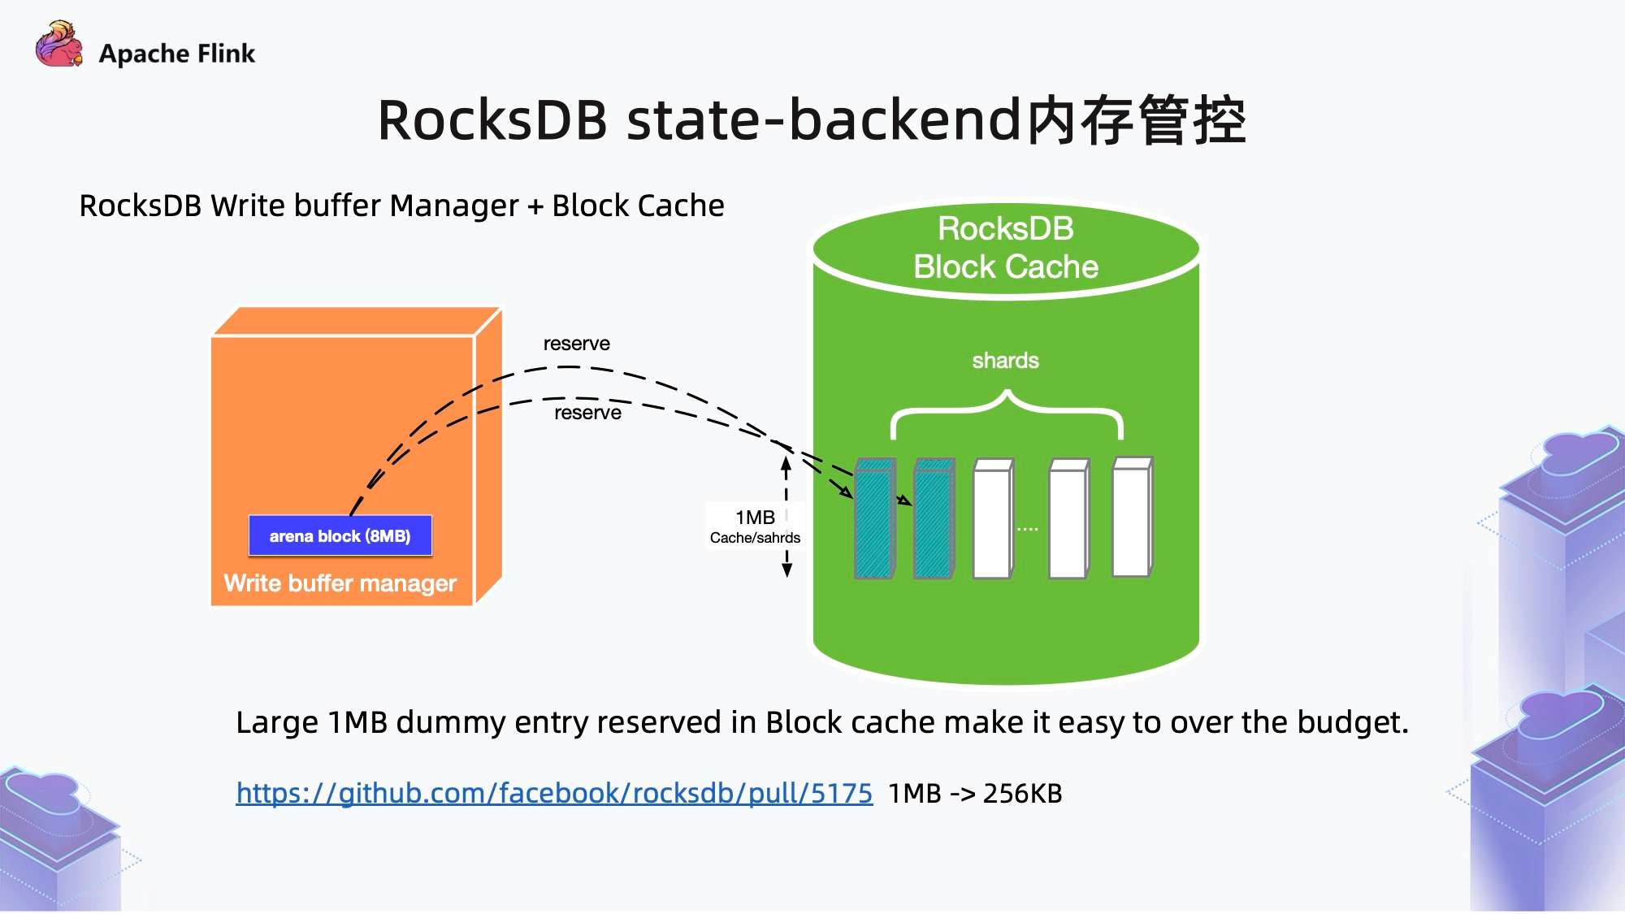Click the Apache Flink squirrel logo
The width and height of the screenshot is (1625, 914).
point(58,45)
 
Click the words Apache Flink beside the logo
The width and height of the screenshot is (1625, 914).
point(176,54)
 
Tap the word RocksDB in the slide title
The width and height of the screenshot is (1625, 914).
point(492,120)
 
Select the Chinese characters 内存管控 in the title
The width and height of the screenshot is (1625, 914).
point(1135,120)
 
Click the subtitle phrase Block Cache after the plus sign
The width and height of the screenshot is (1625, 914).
point(638,206)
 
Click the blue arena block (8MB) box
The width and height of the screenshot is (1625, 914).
point(340,536)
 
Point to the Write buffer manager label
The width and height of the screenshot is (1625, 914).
point(340,583)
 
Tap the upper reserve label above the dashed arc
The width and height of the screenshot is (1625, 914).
point(576,344)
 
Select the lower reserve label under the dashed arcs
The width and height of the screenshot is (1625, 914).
point(587,413)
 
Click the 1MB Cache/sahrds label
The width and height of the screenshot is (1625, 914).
point(755,526)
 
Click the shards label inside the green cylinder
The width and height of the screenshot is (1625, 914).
point(1005,361)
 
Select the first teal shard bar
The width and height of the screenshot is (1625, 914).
point(873,520)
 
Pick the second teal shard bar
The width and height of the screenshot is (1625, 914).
point(933,520)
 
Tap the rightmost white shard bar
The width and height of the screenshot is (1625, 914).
point(1131,518)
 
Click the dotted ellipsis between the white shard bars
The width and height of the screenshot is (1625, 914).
point(1028,529)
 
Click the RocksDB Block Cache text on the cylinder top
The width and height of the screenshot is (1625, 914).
point(1006,248)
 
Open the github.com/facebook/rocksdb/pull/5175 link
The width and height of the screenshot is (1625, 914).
point(554,793)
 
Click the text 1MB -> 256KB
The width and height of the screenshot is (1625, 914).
point(975,793)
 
